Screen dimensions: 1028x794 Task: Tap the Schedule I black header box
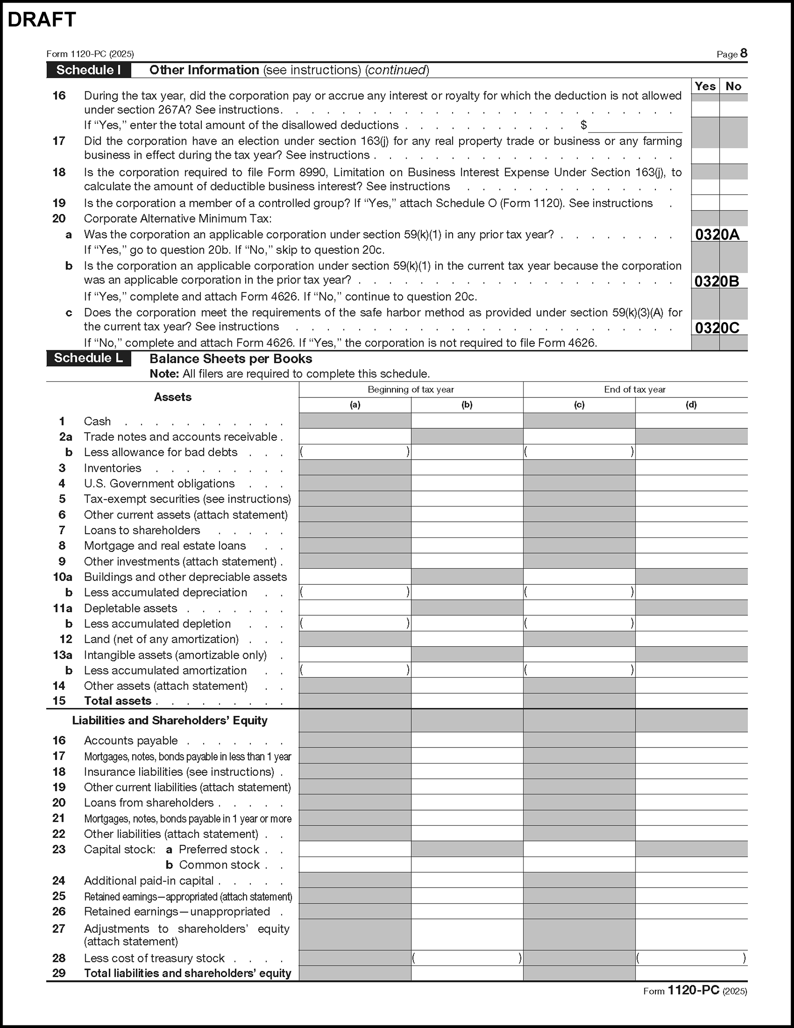[x=88, y=70]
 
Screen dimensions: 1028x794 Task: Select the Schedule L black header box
[x=88, y=358]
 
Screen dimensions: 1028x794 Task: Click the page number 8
[x=743, y=53]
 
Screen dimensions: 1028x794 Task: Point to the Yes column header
[x=705, y=86]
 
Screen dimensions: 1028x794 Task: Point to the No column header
[x=733, y=86]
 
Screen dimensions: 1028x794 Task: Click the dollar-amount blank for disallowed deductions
[x=635, y=126]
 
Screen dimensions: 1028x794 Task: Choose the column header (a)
[x=355, y=405]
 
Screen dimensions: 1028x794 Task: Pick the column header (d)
[x=691, y=405]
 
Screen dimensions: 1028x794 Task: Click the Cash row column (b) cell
[x=467, y=421]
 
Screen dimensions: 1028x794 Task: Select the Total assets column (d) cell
[x=691, y=701]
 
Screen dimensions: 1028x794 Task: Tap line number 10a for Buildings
[x=63, y=577]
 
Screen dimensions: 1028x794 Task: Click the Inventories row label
[x=113, y=468]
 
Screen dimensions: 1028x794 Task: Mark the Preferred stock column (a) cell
[x=355, y=849]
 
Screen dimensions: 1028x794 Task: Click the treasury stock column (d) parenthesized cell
[x=691, y=958]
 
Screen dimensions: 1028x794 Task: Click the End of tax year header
[x=634, y=389]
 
